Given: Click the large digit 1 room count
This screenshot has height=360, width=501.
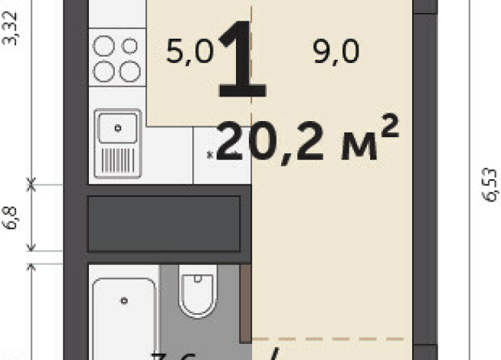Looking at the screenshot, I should tap(243, 61).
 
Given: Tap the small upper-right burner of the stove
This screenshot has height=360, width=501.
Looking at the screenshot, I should tap(130, 47).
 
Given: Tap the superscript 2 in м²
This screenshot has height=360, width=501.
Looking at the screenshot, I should tap(389, 123).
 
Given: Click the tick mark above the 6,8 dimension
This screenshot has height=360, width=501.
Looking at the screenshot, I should tap(31, 183).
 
